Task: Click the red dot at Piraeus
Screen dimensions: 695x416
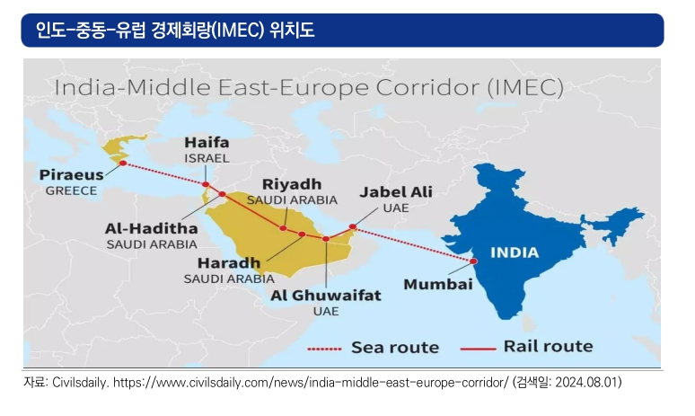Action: pyautogui.click(x=123, y=164)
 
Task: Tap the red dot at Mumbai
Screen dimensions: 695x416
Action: pyautogui.click(x=473, y=261)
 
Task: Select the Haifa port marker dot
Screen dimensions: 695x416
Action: pyautogui.click(x=206, y=184)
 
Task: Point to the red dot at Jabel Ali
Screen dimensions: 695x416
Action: pyautogui.click(x=353, y=226)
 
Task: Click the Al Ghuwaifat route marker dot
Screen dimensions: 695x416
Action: pyautogui.click(x=326, y=239)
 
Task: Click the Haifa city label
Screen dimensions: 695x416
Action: pyautogui.click(x=207, y=142)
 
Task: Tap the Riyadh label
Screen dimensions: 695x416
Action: pyautogui.click(x=292, y=184)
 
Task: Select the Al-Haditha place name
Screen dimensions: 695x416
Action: pyautogui.click(x=151, y=228)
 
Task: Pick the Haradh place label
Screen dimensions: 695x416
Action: pyautogui.click(x=229, y=263)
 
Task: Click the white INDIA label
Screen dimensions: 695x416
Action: pyautogui.click(x=515, y=252)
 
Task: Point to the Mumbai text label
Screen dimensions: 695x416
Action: pyautogui.click(x=438, y=284)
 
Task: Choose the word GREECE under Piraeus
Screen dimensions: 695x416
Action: pyautogui.click(x=71, y=190)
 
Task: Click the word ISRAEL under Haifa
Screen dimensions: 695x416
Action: pyautogui.click(x=207, y=158)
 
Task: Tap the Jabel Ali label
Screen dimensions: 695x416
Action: pyautogui.click(x=396, y=191)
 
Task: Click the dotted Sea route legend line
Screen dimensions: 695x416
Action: pyautogui.click(x=324, y=349)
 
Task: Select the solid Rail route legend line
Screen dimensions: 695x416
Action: pyautogui.click(x=478, y=349)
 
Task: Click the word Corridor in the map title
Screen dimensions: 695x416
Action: pyautogui.click(x=427, y=87)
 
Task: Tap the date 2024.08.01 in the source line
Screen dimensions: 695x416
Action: pyautogui.click(x=586, y=382)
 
